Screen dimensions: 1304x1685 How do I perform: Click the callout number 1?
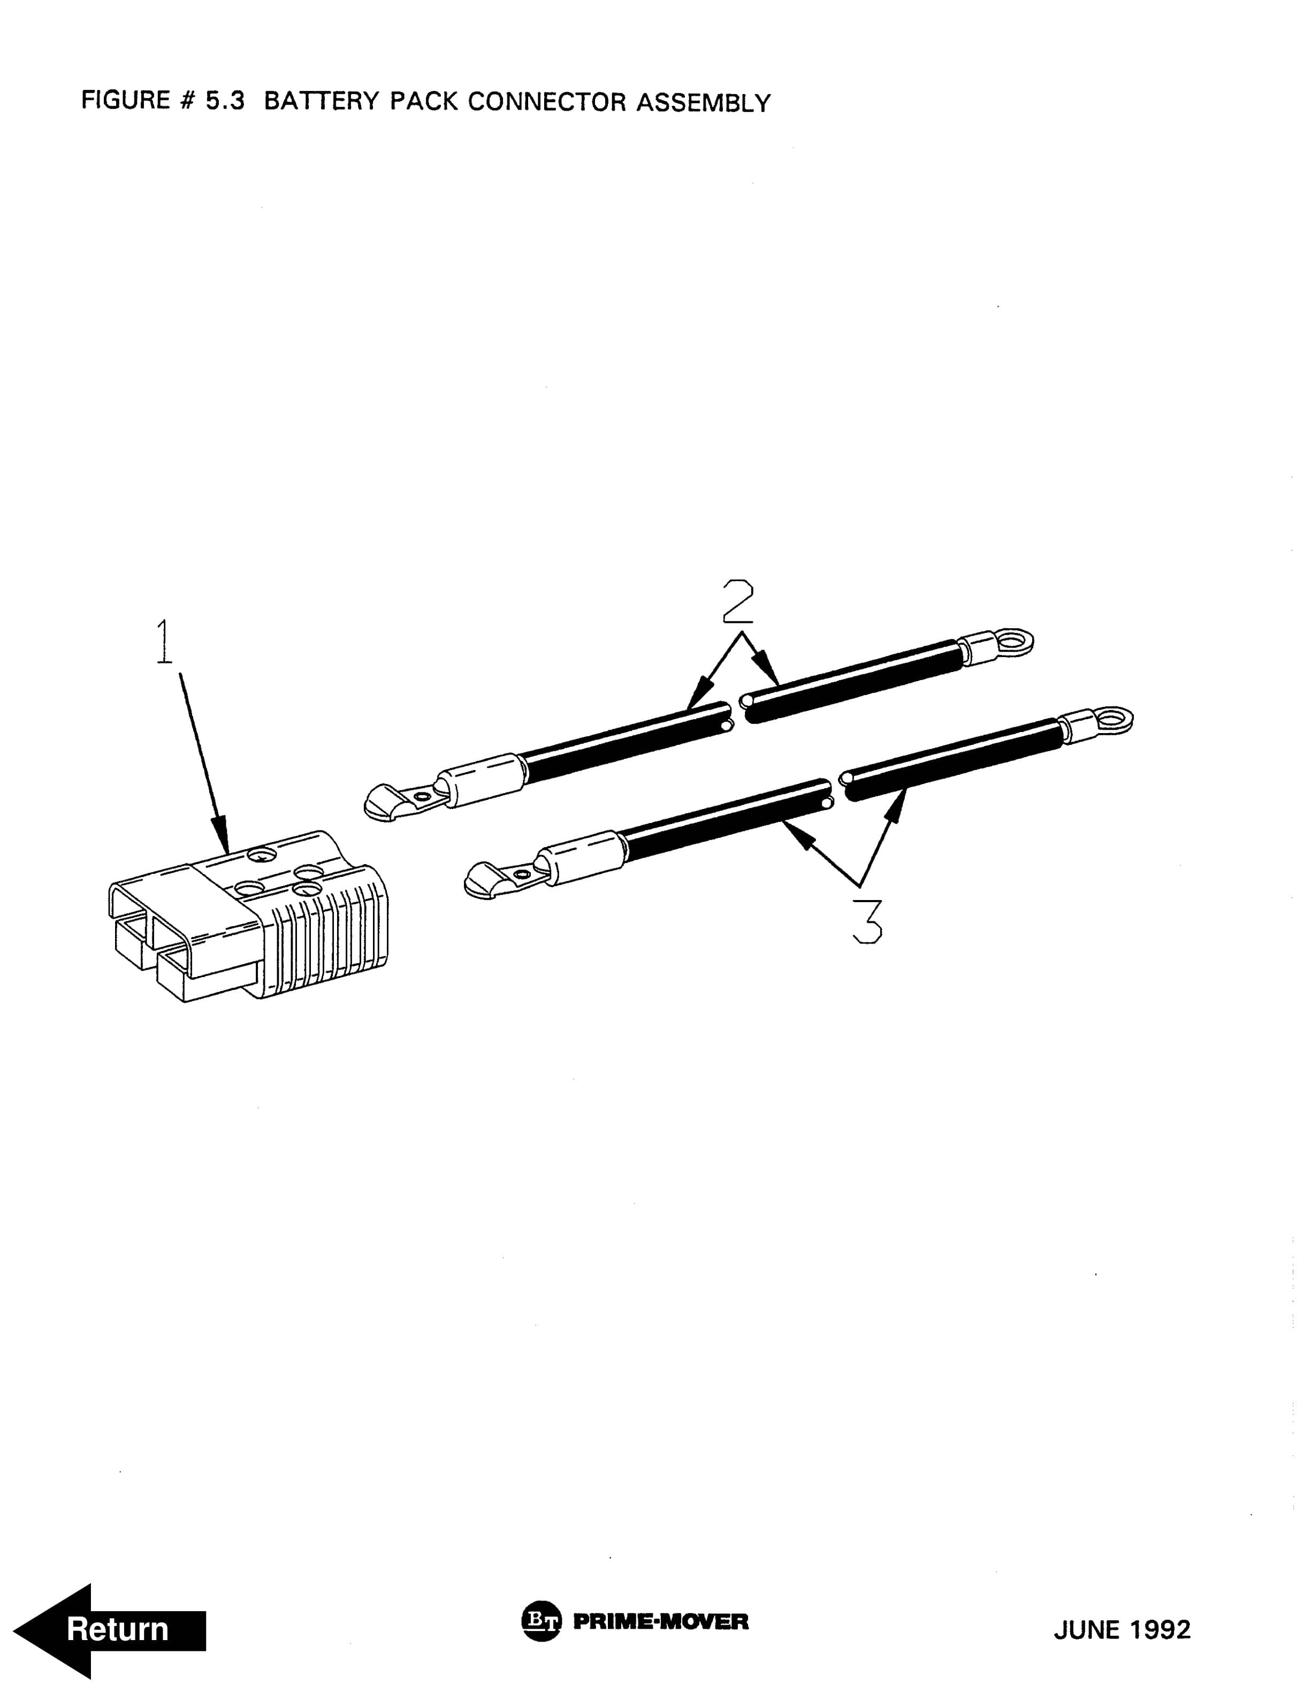coord(164,642)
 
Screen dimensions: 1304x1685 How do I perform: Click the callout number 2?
coord(738,602)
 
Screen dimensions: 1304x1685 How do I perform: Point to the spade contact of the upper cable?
coord(401,799)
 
